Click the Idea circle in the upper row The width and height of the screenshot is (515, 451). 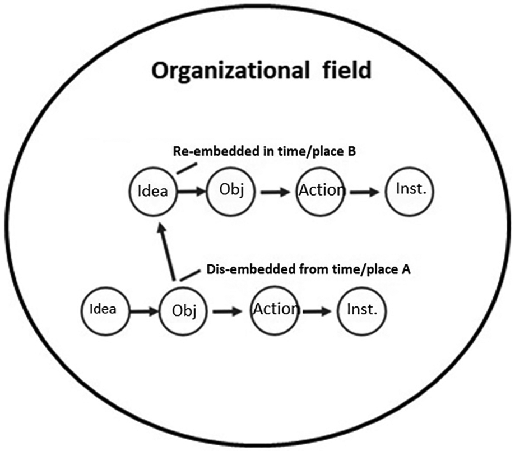coord(153,192)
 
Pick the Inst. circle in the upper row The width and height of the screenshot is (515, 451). coord(411,191)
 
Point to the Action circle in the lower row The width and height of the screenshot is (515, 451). coord(275,309)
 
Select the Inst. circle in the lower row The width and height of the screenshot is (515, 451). coord(363,309)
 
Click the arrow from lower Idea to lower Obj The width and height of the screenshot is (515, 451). coord(144,309)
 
